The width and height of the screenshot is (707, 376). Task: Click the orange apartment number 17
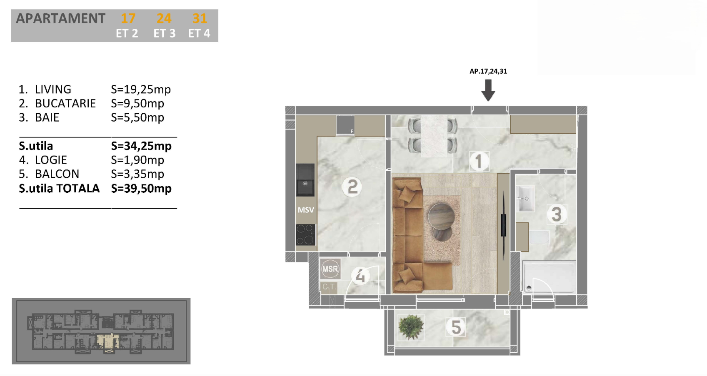(x=128, y=18)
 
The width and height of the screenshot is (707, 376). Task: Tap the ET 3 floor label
(x=165, y=33)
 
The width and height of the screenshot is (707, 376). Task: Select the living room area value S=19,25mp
(x=141, y=90)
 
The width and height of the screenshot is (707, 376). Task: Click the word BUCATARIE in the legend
(x=65, y=103)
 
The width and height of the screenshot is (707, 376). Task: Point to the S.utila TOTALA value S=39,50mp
(x=141, y=188)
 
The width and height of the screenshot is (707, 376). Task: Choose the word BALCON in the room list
(x=57, y=174)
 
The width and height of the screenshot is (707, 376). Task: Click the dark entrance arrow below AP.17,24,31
(x=488, y=90)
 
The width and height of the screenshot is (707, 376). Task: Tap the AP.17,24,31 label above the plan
(x=488, y=71)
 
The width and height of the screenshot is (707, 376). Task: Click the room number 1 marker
(x=479, y=161)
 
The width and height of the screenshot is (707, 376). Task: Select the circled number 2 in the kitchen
(x=352, y=187)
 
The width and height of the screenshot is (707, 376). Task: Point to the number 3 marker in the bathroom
(x=556, y=214)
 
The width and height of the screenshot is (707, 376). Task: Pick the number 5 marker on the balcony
(x=456, y=327)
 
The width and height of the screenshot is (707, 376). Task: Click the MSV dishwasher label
(x=305, y=210)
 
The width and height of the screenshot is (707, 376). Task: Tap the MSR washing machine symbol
(x=330, y=269)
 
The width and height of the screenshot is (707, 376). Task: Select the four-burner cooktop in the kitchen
(x=305, y=235)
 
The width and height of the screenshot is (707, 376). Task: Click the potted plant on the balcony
(x=411, y=327)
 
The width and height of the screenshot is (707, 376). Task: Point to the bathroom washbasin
(x=525, y=198)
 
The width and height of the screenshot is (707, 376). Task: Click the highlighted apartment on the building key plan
(x=107, y=341)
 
